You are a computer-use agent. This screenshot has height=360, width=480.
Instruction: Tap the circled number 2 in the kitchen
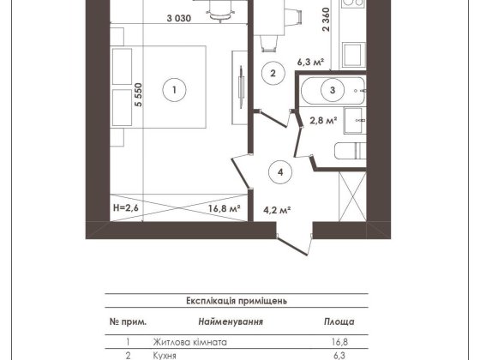pyautogui.click(x=272, y=74)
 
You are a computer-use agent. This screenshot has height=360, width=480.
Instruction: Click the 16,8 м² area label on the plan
pyautogui.click(x=220, y=206)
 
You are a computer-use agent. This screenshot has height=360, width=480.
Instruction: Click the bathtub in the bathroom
pyautogui.click(x=330, y=88)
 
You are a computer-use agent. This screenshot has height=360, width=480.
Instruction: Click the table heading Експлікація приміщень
pyautogui.click(x=241, y=302)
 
